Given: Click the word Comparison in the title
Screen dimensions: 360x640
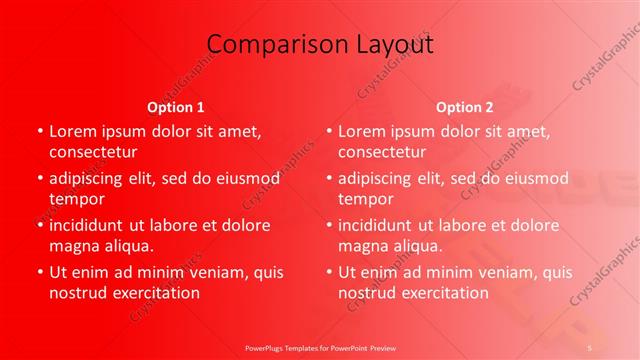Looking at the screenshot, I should click(x=265, y=45).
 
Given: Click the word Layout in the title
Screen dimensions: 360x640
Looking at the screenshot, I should click(x=391, y=45).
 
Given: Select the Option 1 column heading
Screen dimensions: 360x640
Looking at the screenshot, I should click(x=176, y=107).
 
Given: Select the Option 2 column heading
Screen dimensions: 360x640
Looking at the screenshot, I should click(x=465, y=107).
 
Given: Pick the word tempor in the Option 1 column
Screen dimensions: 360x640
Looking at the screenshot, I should click(x=77, y=198).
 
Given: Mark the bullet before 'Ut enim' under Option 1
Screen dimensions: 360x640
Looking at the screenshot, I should click(x=39, y=272).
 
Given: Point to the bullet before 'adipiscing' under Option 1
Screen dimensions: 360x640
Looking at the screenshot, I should click(x=39, y=178).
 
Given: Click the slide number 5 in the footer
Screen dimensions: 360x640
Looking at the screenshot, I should click(x=590, y=346).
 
